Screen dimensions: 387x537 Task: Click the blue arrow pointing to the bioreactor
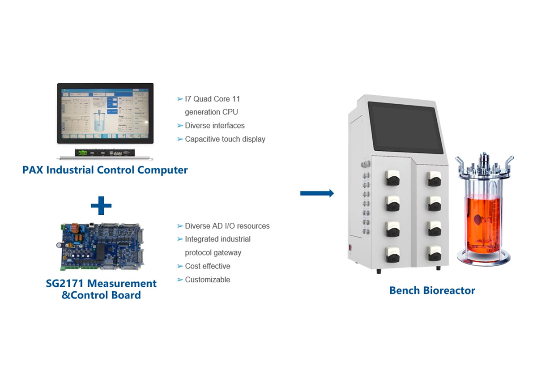point(317,193)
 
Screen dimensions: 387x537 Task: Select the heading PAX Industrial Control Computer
point(105,170)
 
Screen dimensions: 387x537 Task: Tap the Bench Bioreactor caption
point(432,290)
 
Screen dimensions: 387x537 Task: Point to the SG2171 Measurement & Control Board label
point(101,289)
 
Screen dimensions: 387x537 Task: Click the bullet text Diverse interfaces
point(214,126)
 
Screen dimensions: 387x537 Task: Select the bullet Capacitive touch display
point(225,139)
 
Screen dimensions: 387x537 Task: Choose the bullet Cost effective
point(207,266)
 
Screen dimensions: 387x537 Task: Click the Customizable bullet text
point(207,280)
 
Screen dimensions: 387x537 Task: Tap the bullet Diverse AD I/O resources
point(227,226)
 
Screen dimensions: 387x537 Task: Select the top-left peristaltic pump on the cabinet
point(392,180)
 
